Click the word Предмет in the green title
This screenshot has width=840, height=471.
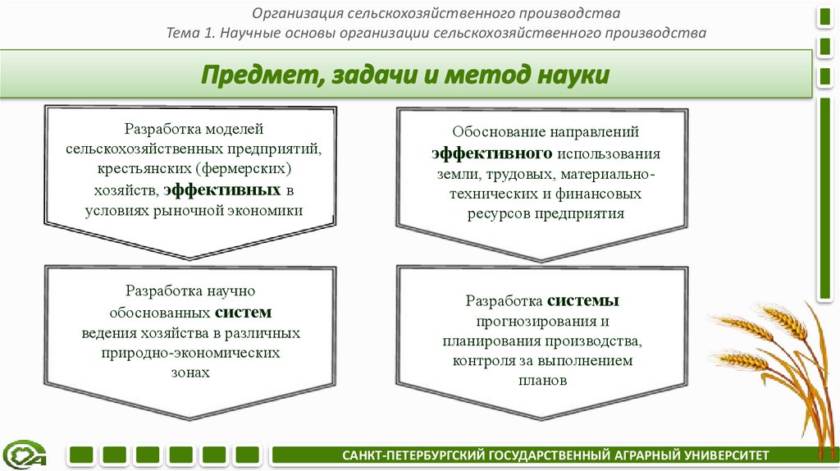tap(253, 76)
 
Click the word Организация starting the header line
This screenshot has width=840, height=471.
tap(298, 14)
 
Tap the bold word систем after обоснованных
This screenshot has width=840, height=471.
tap(244, 313)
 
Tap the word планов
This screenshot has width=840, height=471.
tap(542, 381)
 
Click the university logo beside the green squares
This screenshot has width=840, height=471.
tap(25, 454)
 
